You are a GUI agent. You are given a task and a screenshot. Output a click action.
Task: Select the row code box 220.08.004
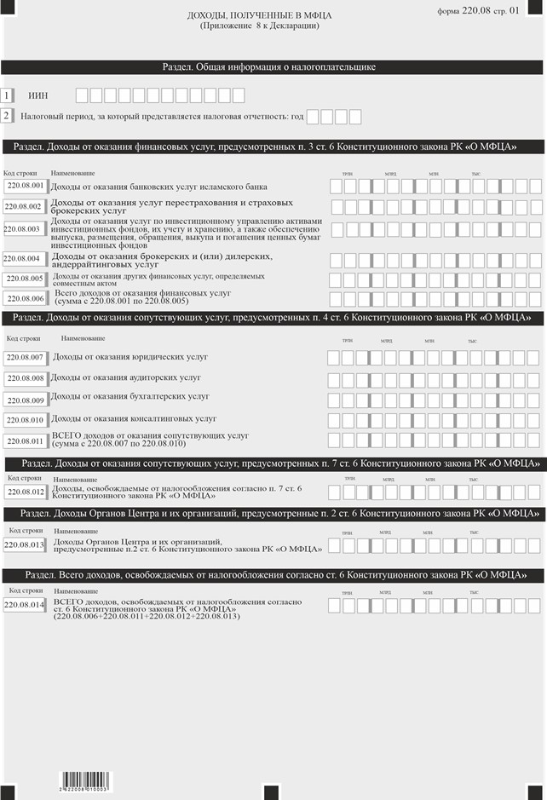click(23, 258)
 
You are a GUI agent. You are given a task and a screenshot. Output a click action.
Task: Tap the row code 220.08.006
click(26, 298)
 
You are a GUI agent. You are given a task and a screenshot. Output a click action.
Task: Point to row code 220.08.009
click(26, 400)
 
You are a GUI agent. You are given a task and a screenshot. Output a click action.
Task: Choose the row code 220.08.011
click(26, 440)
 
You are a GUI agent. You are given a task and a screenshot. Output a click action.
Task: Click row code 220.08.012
click(26, 492)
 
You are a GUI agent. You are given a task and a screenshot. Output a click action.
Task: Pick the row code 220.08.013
click(26, 544)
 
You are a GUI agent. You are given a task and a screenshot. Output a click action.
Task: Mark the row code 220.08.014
click(26, 604)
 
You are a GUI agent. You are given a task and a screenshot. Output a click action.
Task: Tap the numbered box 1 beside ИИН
click(7, 96)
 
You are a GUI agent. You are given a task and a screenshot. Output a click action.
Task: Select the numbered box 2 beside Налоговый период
click(7, 115)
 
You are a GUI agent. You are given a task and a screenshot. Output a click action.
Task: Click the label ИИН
click(37, 97)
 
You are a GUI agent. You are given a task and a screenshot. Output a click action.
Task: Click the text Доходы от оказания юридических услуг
click(130, 357)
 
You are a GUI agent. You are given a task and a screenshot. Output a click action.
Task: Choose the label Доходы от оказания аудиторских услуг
click(126, 377)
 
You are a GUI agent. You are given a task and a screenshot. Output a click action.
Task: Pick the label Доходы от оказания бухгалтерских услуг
click(130, 396)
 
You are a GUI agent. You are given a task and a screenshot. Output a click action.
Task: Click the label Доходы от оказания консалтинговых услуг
click(134, 418)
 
